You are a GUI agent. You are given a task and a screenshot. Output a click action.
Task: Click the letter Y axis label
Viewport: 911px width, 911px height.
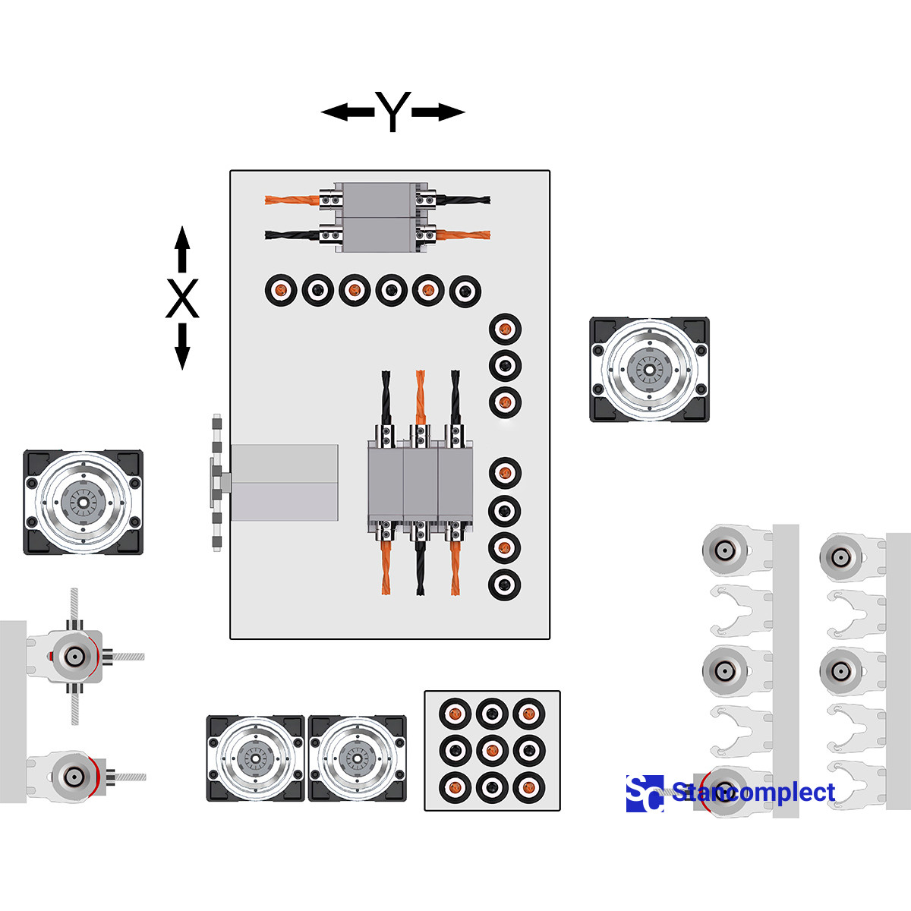[392, 112]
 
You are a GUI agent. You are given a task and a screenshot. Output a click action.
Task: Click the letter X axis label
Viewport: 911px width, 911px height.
[182, 298]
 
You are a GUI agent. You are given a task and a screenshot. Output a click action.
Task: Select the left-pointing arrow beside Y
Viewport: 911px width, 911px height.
[348, 112]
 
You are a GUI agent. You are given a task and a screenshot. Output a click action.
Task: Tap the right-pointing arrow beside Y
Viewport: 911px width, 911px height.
[438, 112]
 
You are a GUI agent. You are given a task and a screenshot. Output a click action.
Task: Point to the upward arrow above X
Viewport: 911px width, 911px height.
[182, 249]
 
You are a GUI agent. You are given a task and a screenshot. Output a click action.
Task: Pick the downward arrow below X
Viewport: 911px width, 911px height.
[182, 346]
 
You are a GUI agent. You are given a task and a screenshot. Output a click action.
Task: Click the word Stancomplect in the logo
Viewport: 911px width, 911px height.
[754, 792]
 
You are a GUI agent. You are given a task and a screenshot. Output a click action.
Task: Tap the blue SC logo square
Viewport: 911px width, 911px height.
[645, 794]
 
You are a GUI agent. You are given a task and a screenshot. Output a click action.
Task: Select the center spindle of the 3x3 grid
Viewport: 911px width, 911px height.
[492, 750]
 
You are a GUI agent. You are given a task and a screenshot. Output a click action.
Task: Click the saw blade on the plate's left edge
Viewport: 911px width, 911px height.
[217, 483]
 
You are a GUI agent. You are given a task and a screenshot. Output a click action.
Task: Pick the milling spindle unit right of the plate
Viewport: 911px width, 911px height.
[650, 369]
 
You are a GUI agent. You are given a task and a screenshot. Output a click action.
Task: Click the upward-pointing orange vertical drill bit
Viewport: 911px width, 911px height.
[420, 398]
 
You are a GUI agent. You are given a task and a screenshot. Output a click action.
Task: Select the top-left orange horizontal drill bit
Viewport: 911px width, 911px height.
[292, 200]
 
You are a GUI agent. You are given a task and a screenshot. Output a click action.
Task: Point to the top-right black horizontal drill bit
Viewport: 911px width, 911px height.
[463, 200]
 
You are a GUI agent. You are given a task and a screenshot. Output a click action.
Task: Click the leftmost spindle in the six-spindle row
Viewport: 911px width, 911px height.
[282, 290]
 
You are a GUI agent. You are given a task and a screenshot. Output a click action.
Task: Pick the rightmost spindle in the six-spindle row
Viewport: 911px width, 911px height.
[465, 291]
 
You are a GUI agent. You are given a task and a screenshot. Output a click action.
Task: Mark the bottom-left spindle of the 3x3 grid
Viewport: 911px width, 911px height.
[455, 787]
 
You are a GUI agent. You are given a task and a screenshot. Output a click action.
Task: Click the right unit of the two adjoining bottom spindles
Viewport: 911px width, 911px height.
[358, 758]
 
